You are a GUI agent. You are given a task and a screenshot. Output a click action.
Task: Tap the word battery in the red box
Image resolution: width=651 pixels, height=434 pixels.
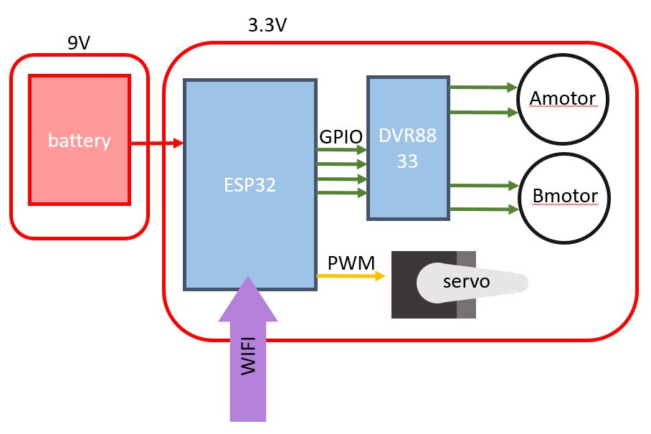click(x=79, y=140)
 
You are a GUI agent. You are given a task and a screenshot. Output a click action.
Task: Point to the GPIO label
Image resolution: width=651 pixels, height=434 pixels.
click(x=341, y=136)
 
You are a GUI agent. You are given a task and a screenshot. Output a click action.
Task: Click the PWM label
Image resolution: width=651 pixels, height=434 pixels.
click(x=351, y=263)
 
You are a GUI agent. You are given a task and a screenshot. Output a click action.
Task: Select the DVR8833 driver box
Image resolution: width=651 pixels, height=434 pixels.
click(x=407, y=147)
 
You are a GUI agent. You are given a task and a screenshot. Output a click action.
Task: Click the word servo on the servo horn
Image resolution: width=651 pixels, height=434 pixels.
click(x=466, y=281)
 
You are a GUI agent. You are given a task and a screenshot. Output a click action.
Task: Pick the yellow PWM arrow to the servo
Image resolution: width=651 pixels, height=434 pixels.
click(x=351, y=275)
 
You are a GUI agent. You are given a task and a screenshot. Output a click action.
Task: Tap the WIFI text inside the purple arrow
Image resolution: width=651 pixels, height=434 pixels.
click(x=247, y=358)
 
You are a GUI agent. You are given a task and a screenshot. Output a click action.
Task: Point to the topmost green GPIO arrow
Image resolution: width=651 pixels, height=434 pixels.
click(x=341, y=150)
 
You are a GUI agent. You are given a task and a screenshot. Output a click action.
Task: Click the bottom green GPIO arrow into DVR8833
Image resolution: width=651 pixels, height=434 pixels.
click(x=341, y=192)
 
